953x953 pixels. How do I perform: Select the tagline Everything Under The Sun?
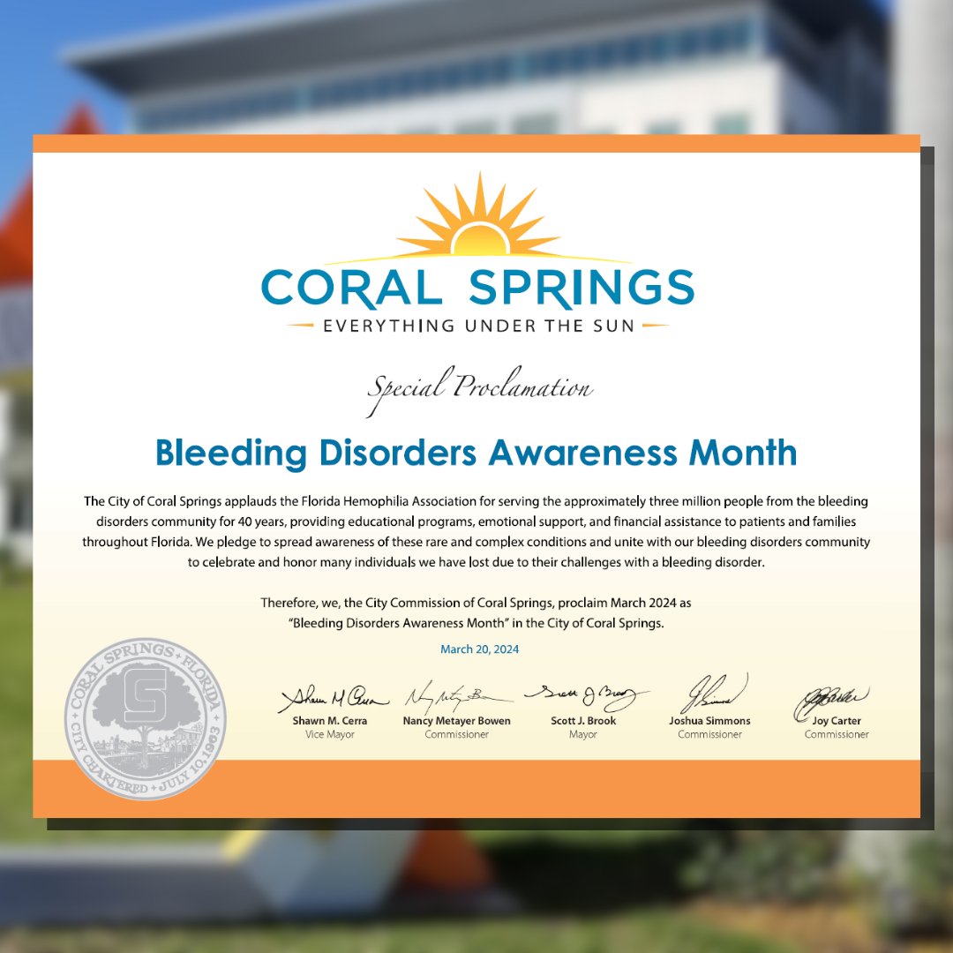coord(477,326)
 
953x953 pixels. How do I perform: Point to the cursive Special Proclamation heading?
coord(479,389)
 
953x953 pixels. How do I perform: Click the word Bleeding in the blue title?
coord(231,454)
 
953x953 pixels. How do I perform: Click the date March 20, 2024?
coord(479,649)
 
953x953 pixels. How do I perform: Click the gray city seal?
coord(145,718)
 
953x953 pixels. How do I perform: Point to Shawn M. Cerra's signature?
coord(332,699)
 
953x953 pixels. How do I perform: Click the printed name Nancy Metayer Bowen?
coord(456,721)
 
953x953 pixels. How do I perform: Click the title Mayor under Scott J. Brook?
coord(583,734)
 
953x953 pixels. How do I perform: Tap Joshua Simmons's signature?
coord(710,693)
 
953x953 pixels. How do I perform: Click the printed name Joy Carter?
coord(837,721)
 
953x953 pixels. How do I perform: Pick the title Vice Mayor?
coord(330,734)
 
